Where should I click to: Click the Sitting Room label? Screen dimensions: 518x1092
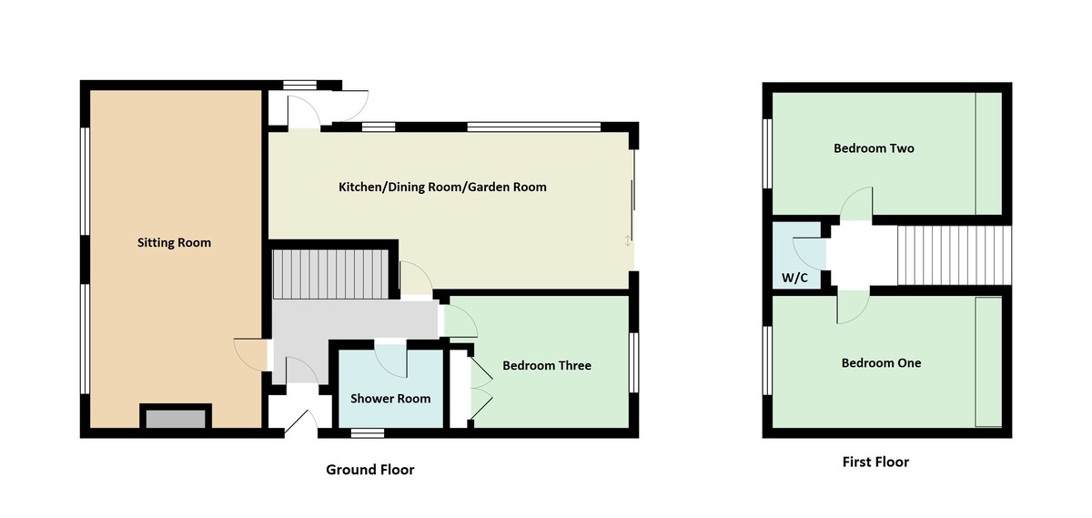[x=174, y=242]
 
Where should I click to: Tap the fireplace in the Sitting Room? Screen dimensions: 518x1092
[x=176, y=418]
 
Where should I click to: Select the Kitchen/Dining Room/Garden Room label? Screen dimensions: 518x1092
[x=442, y=187]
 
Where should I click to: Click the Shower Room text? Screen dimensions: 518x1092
[x=390, y=398]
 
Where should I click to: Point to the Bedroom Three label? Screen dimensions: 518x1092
[x=547, y=365]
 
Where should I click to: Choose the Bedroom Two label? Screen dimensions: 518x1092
[x=874, y=147]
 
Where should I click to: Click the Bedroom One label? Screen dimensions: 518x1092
[x=881, y=362]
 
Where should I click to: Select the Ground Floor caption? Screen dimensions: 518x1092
[x=370, y=470]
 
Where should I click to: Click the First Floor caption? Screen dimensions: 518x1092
[x=875, y=462]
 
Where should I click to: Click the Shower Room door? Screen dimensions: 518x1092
[x=391, y=358]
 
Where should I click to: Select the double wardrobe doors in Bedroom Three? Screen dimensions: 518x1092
[x=478, y=389]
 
